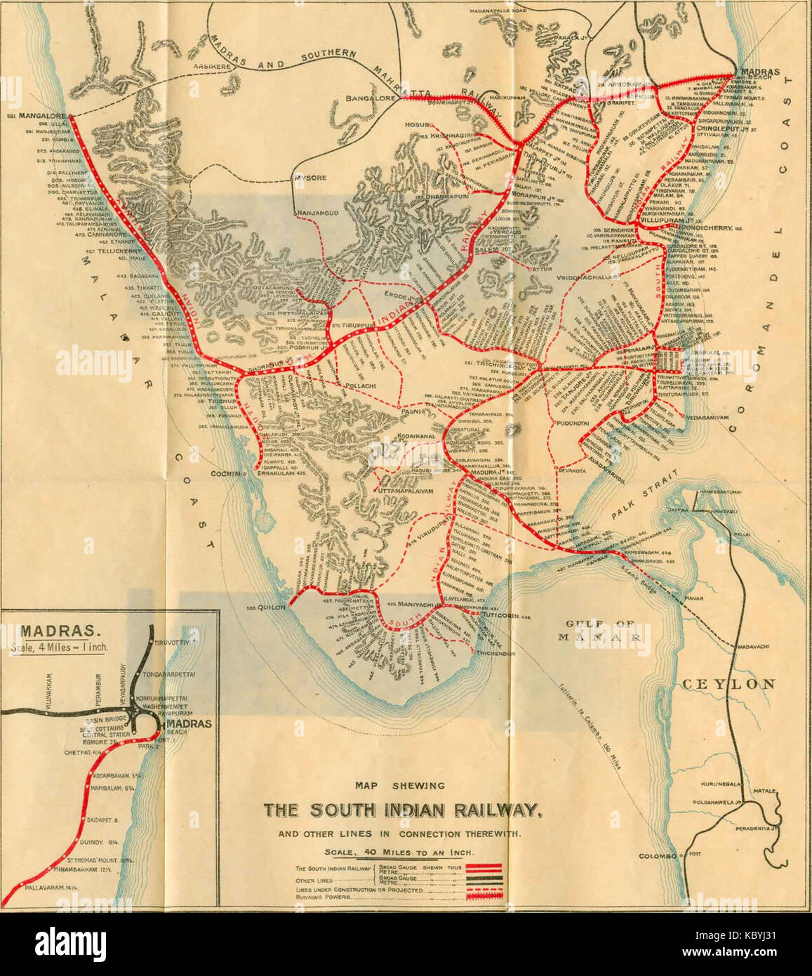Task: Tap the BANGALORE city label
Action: click(x=371, y=99)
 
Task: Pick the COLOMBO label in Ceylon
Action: click(x=657, y=856)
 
